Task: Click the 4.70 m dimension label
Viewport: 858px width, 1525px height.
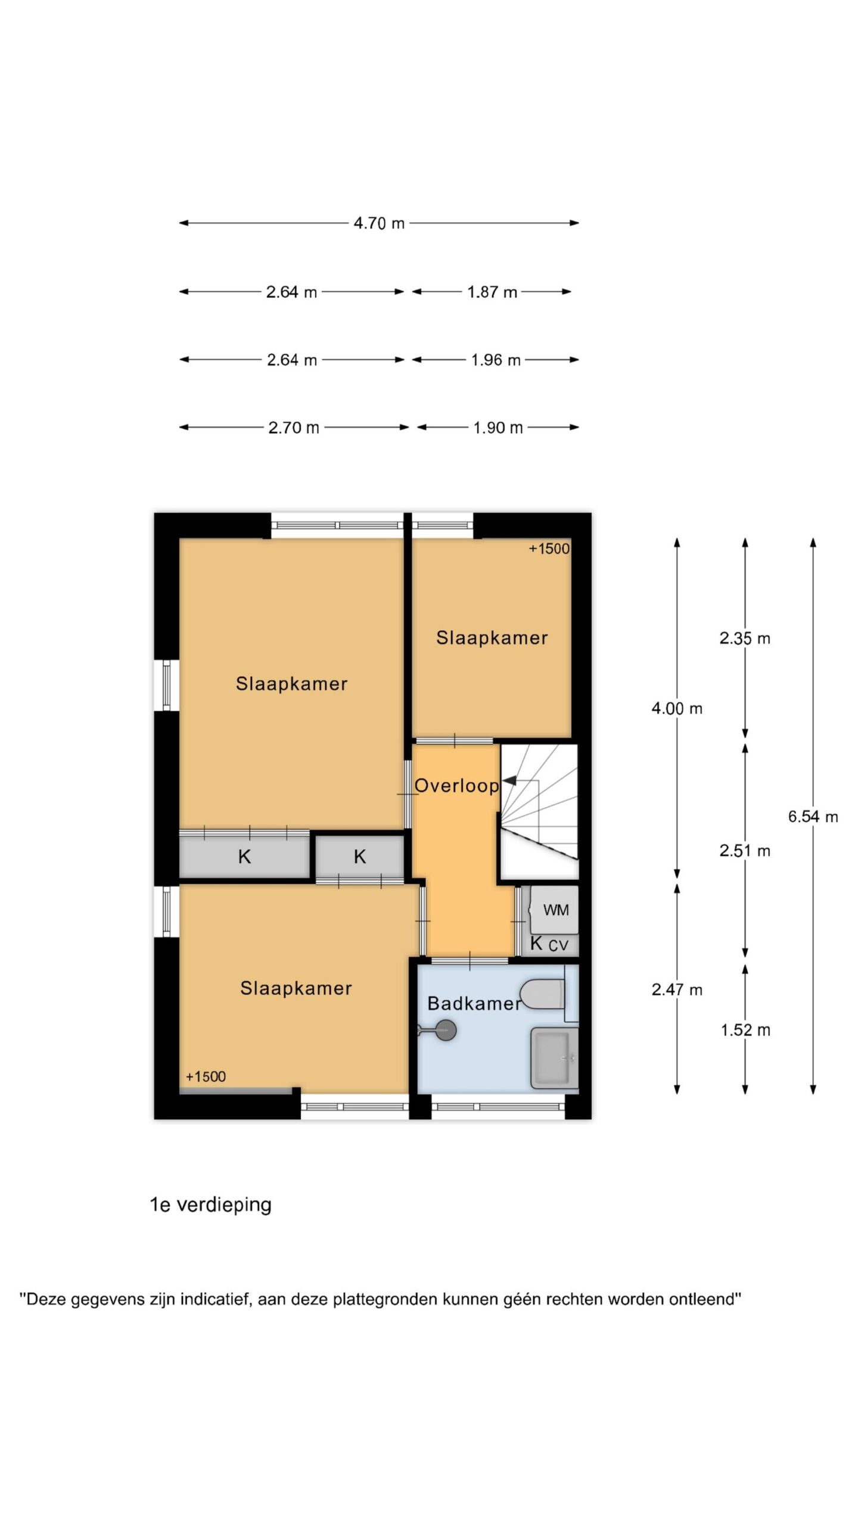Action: [x=379, y=223]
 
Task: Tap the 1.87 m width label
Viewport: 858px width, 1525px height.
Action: [x=492, y=292]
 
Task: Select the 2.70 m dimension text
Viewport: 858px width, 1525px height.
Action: [x=294, y=428]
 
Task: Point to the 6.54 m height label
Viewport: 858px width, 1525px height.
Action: [x=813, y=817]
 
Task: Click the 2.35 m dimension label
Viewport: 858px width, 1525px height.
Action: [x=745, y=639]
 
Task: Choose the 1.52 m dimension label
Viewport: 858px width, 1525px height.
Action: [x=745, y=1030]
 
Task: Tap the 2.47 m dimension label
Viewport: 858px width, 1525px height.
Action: [x=677, y=989]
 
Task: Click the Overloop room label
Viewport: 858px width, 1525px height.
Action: [x=456, y=786]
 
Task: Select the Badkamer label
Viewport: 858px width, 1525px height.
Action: [x=474, y=1003]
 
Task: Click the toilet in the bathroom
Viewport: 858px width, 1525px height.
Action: [x=542, y=994]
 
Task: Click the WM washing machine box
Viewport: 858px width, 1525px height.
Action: [x=555, y=910]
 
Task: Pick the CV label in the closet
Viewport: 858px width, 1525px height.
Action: [x=558, y=945]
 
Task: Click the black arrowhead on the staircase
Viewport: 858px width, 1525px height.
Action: [x=509, y=780]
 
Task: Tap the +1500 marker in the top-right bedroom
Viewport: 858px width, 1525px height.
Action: [x=549, y=549]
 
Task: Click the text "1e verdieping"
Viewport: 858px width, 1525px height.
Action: [x=210, y=1205]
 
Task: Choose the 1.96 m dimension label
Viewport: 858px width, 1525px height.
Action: [x=496, y=360]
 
